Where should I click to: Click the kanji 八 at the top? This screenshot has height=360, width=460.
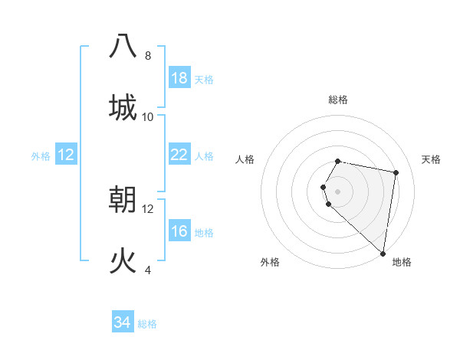click(x=123, y=46)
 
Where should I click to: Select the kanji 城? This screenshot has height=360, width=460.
click(x=123, y=107)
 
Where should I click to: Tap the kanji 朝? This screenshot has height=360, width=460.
click(x=123, y=199)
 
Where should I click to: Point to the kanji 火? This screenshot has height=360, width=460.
click(x=123, y=261)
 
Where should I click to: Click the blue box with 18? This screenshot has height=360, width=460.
click(x=179, y=78)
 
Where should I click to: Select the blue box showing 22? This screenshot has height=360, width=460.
click(x=179, y=155)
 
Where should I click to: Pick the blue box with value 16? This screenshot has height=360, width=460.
click(x=179, y=232)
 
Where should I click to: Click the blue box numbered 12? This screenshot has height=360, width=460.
click(x=66, y=155)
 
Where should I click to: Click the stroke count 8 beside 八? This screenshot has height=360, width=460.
click(x=148, y=56)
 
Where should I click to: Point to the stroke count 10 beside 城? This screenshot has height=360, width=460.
click(x=148, y=116)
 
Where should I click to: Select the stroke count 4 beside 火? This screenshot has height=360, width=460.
click(x=148, y=270)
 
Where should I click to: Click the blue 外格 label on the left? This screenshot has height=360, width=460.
click(x=41, y=156)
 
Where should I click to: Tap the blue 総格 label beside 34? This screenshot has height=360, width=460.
click(x=147, y=324)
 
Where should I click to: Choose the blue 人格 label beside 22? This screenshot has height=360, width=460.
click(x=204, y=156)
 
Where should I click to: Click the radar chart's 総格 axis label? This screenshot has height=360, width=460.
click(x=338, y=100)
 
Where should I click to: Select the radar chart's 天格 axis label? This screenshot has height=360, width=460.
click(x=431, y=159)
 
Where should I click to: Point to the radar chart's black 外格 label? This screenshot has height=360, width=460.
click(x=270, y=263)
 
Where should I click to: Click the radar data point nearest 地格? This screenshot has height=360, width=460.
click(x=383, y=253)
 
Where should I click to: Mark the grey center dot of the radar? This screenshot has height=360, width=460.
click(x=338, y=191)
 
